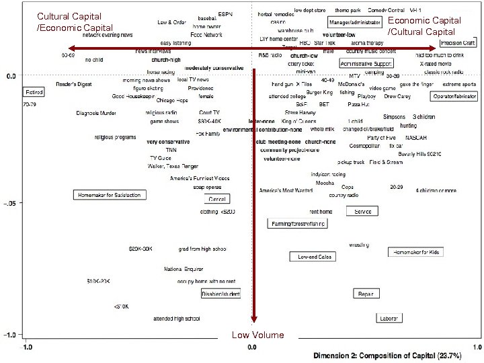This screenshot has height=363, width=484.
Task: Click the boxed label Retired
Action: coord(34,91)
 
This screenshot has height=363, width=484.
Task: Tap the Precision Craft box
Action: coord(458,42)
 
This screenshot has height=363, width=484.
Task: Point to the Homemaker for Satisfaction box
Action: coord(109,195)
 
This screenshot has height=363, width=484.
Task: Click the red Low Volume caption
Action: coord(250,334)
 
